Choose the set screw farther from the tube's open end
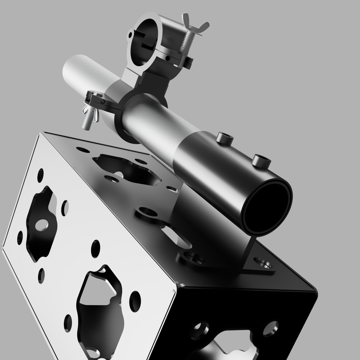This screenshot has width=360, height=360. click(224, 139)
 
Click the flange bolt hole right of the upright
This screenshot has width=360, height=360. click(263, 263)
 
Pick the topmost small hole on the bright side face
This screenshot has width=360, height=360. click(40, 175)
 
